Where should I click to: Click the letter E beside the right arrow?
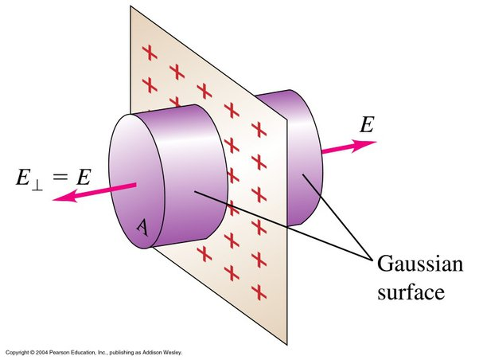368,125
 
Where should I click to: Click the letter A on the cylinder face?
141,227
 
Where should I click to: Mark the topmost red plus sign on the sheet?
148,52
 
